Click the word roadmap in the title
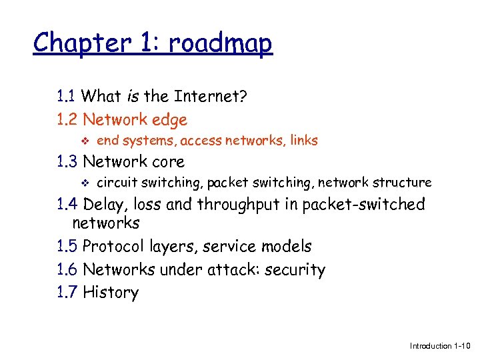click(x=221, y=43)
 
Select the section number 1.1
click(x=67, y=97)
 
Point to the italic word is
click(x=132, y=97)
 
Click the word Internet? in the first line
click(x=210, y=97)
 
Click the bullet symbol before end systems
click(x=82, y=141)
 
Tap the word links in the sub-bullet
click(x=303, y=141)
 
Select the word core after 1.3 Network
click(x=168, y=161)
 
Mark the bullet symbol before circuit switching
click(x=82, y=182)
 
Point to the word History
click(x=111, y=292)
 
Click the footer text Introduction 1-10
click(x=439, y=346)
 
